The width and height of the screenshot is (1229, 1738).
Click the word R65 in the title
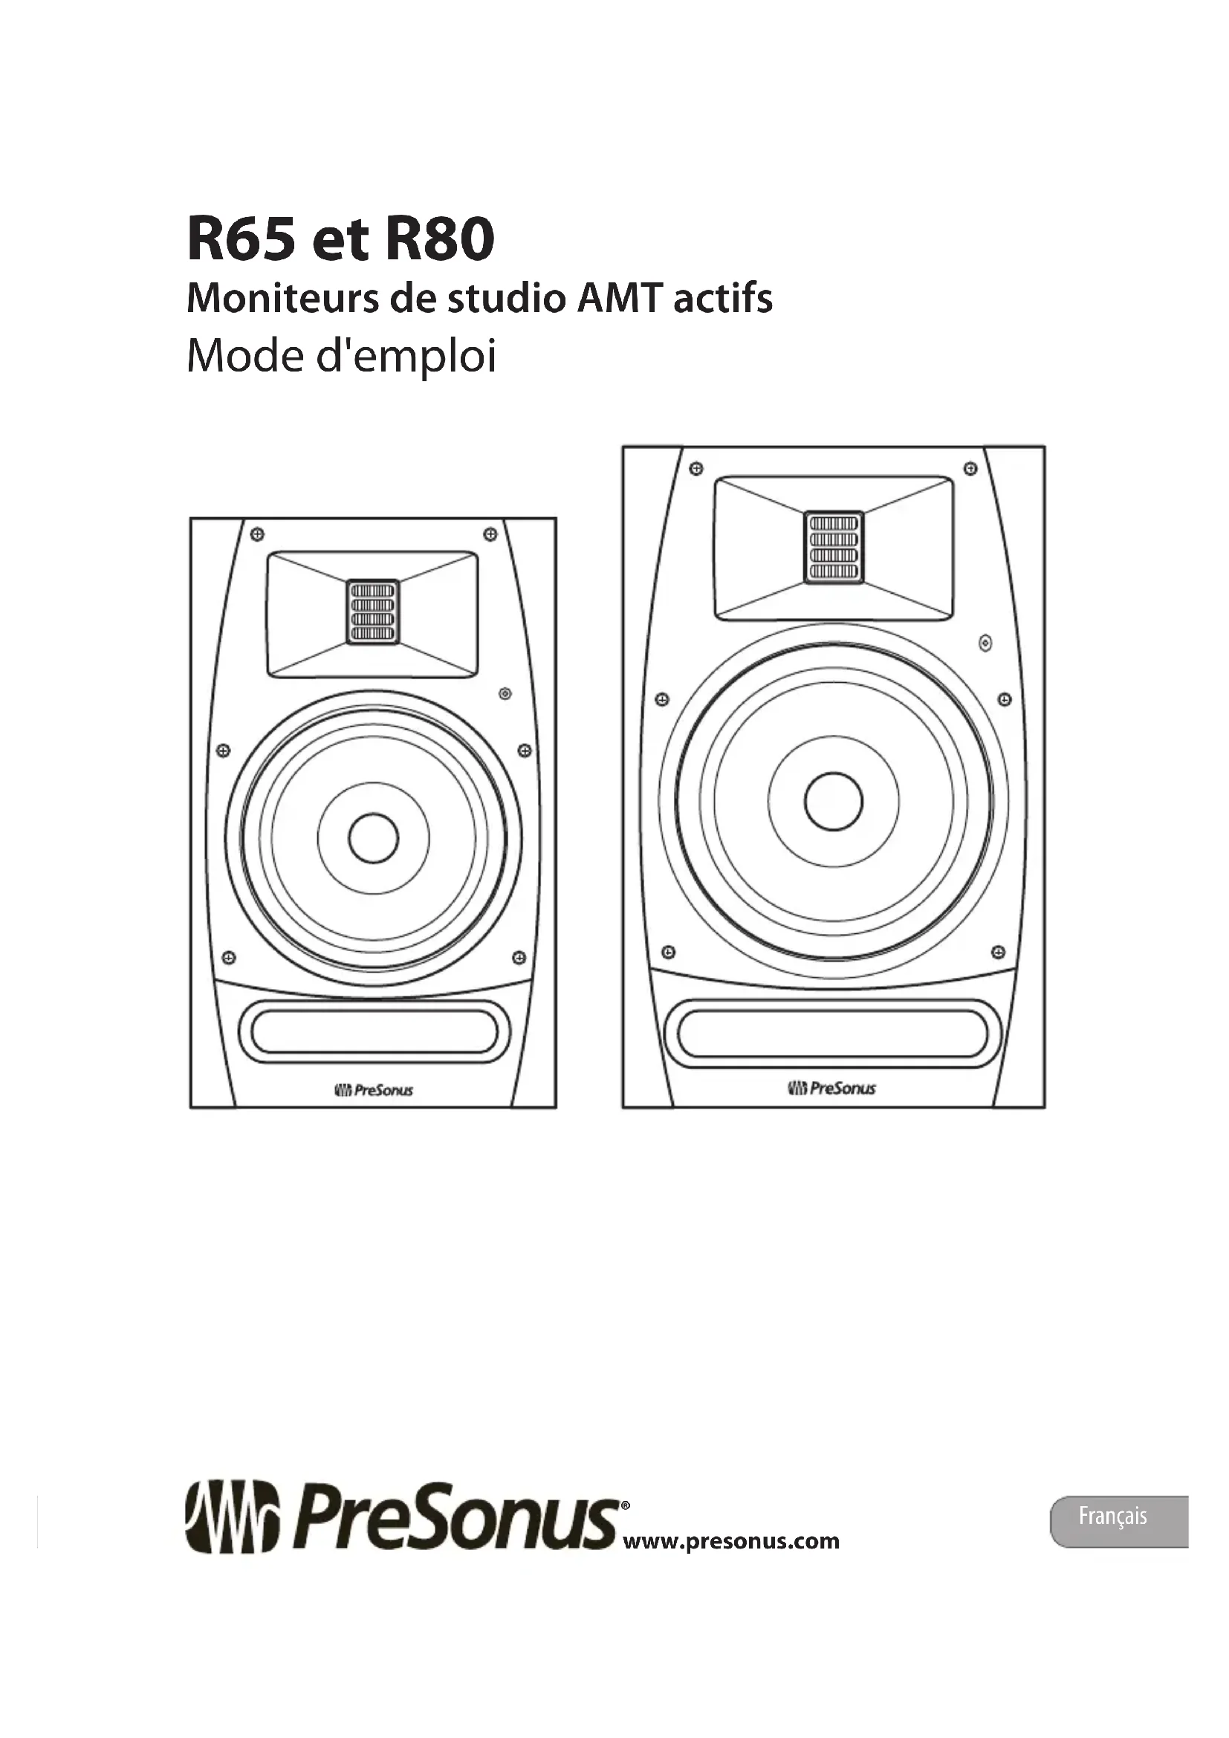click(240, 239)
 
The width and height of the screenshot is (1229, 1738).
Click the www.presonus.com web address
click(730, 1541)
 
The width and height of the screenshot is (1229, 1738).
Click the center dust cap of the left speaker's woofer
click(373, 838)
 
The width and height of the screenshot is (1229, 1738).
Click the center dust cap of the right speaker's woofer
click(833, 801)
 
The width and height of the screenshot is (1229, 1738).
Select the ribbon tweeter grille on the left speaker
click(373, 612)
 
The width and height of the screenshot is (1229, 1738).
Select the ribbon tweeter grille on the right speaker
click(833, 547)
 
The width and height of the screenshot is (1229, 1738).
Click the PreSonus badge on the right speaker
click(831, 1089)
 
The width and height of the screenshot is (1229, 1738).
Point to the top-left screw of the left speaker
click(257, 534)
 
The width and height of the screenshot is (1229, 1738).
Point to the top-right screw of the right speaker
click(970, 469)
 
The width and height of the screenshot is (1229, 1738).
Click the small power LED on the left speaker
click(505, 693)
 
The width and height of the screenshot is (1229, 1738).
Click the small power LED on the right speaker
click(985, 644)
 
